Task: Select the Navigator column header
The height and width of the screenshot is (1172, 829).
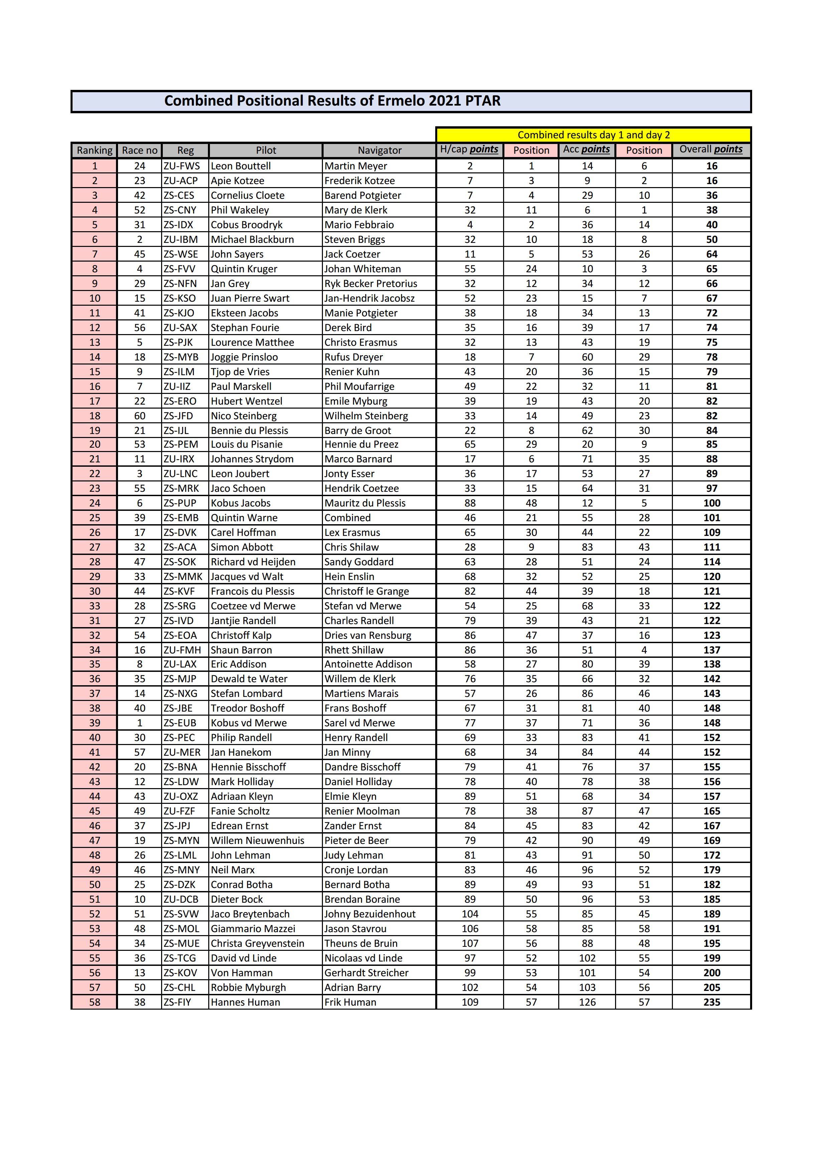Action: point(379,150)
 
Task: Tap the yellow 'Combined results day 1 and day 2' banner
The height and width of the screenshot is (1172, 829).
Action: point(594,135)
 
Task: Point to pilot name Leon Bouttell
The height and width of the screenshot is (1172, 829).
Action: point(241,166)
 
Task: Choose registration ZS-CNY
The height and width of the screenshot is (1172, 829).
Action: point(180,210)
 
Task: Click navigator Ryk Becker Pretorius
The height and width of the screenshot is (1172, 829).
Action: point(371,283)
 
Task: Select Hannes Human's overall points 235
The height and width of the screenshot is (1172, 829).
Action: point(712,1002)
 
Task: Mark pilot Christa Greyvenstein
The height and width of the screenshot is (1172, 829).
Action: point(257,943)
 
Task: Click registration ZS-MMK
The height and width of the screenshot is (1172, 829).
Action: point(183,576)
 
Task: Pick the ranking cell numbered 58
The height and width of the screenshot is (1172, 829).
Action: point(95,1002)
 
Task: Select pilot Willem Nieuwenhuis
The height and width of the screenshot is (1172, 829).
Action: point(257,840)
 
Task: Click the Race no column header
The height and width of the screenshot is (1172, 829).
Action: point(139,150)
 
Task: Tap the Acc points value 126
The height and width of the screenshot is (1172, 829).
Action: point(587,1002)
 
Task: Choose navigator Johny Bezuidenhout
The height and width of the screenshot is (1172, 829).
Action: point(370,914)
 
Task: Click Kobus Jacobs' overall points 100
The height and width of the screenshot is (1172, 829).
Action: point(712,503)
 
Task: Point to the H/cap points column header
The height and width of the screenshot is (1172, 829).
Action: point(469,150)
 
